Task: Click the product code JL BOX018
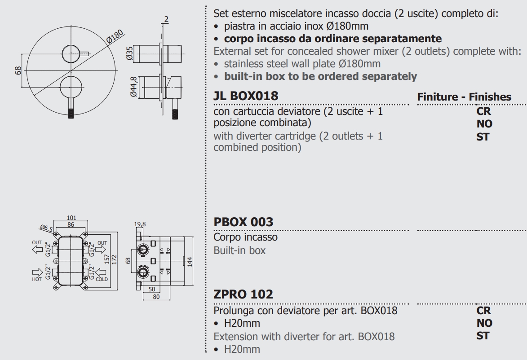(x=246, y=96)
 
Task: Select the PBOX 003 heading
(x=244, y=222)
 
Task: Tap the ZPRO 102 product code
(x=244, y=294)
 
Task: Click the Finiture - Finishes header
(x=464, y=97)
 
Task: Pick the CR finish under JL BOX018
(x=483, y=111)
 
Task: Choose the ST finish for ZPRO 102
(x=483, y=335)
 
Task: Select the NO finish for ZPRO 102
(x=484, y=323)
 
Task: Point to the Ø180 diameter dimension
(x=115, y=37)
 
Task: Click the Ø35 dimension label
(x=130, y=53)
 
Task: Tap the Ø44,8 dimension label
(x=133, y=87)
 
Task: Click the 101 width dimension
(x=71, y=218)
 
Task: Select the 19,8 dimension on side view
(x=140, y=224)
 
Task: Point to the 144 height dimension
(x=190, y=262)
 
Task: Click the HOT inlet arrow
(x=37, y=272)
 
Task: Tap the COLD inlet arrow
(x=101, y=272)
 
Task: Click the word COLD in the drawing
(x=102, y=279)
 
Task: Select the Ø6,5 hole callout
(x=46, y=228)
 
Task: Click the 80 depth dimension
(x=156, y=297)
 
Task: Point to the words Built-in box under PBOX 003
(x=239, y=250)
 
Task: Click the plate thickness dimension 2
(x=166, y=19)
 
